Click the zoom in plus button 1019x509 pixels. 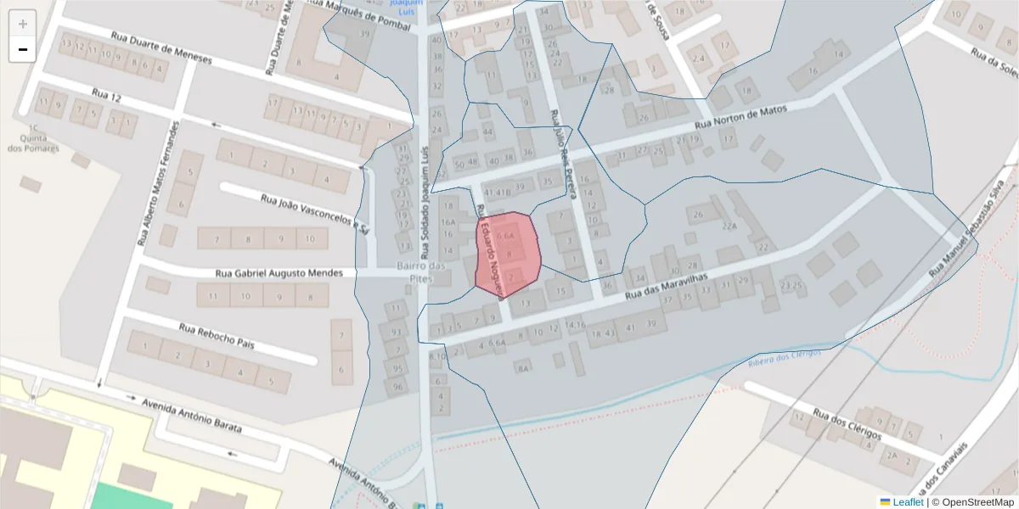[x=23, y=24]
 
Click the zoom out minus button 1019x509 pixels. [x=23, y=49]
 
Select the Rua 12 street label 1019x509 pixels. [x=106, y=98]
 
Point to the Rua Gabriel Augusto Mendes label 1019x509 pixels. [x=279, y=273]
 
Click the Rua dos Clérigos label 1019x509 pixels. [x=847, y=425]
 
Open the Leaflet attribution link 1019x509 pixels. [x=907, y=502]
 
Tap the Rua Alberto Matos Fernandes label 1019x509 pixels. [x=157, y=182]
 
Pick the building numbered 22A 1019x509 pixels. [x=729, y=227]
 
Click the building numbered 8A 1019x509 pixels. [x=524, y=367]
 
